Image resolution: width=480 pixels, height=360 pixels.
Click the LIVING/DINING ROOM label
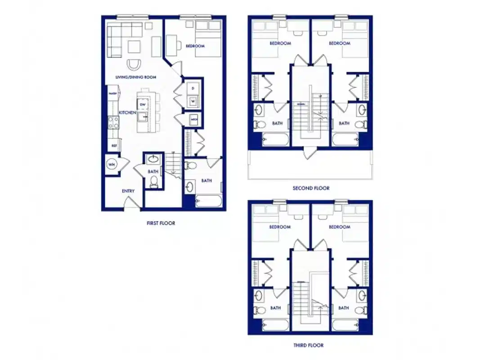pyautogui.click(x=135, y=77)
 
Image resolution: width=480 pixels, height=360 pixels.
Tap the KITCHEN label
pyautogui.click(x=127, y=112)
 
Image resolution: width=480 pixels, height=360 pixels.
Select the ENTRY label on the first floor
pyautogui.click(x=128, y=191)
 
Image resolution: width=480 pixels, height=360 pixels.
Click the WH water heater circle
pyautogui.click(x=111, y=165)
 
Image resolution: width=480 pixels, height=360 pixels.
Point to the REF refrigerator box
pyautogui.click(x=114, y=145)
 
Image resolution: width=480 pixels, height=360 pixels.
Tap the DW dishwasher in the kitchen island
pyautogui.click(x=143, y=104)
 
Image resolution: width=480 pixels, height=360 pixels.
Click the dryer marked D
pyautogui.click(x=193, y=88)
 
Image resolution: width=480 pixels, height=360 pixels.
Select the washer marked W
pyautogui.click(x=193, y=101)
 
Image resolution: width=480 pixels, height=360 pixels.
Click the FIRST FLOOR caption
pyautogui.click(x=161, y=223)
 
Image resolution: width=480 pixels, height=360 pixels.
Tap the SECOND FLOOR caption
pyautogui.click(x=311, y=188)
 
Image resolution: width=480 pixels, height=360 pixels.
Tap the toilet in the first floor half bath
pyautogui.click(x=154, y=181)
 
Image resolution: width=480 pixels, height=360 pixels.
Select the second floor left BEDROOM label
pyautogui.click(x=280, y=43)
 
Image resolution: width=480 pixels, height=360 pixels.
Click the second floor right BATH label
pyautogui.click(x=344, y=123)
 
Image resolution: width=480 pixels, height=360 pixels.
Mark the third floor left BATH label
pyautogui.click(x=275, y=308)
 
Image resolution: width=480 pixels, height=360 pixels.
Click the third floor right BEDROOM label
pyautogui.click(x=339, y=227)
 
